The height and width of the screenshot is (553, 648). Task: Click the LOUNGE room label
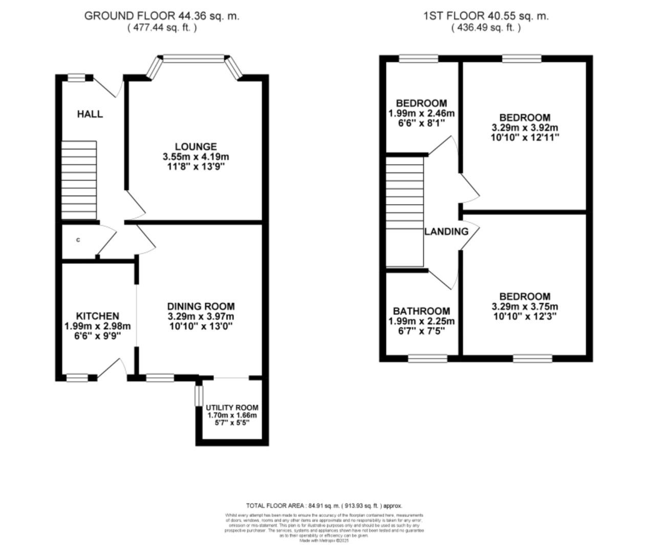coord(196,146)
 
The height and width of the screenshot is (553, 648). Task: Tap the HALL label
coord(90,114)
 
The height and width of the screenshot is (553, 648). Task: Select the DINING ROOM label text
coord(201,306)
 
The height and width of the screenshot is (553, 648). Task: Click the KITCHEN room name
coord(97,316)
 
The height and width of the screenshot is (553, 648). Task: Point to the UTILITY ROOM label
coord(232,408)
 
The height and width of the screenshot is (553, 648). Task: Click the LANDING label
coord(446,231)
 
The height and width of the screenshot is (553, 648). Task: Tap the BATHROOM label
coord(421,311)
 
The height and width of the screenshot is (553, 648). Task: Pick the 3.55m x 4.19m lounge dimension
coord(196,157)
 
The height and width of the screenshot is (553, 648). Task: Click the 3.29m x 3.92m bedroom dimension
coord(525,127)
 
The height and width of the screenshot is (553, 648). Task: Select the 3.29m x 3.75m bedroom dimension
coord(525,307)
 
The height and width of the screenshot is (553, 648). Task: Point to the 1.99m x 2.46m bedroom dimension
coord(421,113)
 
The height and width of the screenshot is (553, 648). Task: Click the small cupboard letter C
coord(78,240)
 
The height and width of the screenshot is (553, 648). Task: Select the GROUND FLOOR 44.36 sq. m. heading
coord(162,16)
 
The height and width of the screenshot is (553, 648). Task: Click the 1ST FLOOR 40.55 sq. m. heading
coord(486,16)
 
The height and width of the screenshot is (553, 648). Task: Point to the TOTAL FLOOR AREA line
coord(324,505)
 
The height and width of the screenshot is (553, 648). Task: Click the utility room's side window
coord(199,396)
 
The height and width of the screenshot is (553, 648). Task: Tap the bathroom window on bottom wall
coord(427,358)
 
